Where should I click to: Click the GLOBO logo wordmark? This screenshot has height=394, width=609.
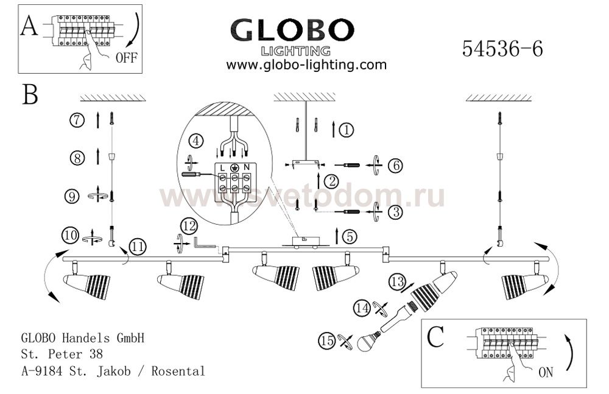coord(292,30)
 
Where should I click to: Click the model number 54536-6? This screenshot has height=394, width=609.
coord(502,49)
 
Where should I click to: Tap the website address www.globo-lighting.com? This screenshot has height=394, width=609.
coord(306,65)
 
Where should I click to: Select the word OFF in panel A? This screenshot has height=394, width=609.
coord(126,58)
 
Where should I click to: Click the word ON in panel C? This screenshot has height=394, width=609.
coord(545,373)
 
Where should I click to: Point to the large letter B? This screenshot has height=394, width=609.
coord(30,94)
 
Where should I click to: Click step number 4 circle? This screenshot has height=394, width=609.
coord(196,141)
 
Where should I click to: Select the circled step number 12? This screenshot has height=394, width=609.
coord(189,227)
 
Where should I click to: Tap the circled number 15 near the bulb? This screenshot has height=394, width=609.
coord(326,341)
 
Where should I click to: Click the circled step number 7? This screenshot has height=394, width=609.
coord(77,120)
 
